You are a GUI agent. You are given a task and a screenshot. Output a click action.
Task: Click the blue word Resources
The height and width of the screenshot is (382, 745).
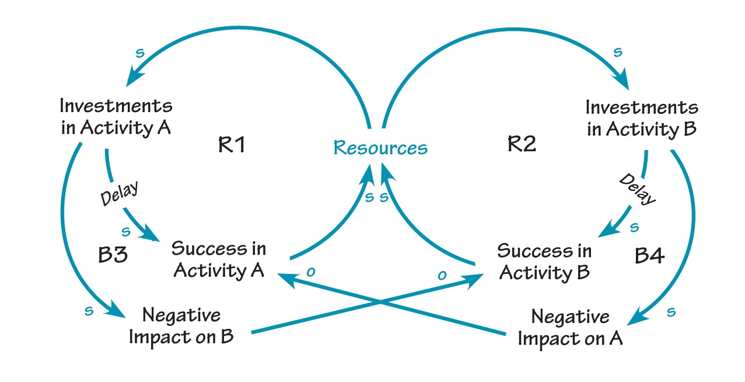380,148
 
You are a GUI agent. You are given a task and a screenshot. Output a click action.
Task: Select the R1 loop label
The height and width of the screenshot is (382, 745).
232,144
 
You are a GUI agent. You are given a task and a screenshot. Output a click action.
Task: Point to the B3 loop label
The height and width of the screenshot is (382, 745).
113,255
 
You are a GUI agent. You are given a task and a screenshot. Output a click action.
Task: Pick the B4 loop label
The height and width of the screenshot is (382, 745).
649,255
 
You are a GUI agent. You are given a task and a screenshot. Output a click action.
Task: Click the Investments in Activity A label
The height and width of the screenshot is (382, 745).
116,117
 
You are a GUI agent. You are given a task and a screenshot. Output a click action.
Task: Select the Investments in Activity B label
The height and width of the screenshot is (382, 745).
642,118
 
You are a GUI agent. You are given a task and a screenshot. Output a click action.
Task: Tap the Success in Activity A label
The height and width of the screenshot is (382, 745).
219,259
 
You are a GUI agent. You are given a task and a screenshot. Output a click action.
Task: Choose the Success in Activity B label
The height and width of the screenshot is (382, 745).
544,262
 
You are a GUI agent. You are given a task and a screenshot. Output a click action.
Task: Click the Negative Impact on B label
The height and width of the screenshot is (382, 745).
181,327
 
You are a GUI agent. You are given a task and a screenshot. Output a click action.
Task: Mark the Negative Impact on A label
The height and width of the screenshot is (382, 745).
570,328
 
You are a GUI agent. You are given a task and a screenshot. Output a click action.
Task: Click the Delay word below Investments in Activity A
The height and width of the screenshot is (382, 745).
120,193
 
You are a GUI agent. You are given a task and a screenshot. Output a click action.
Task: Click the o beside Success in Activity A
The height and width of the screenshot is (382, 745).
311,272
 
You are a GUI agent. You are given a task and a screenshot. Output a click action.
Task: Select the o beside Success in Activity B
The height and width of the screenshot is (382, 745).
442,275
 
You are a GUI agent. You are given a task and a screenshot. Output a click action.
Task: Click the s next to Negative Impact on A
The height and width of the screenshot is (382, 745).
671,312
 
